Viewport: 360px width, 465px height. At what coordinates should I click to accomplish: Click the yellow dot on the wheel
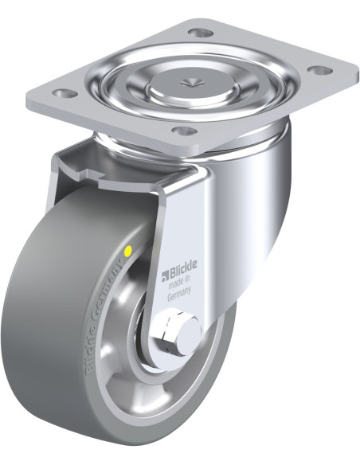pyautogui.click(x=128, y=252)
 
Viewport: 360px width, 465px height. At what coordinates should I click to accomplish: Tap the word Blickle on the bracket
pyautogui.click(x=182, y=269)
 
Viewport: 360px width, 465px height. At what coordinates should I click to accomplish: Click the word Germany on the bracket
pyautogui.click(x=179, y=294)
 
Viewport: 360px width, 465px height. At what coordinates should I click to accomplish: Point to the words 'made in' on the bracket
pyautogui.click(x=179, y=282)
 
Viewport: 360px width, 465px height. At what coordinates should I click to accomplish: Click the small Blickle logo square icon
pyautogui.click(x=165, y=276)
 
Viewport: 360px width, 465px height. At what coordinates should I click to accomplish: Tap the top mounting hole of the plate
pyautogui.click(x=200, y=33)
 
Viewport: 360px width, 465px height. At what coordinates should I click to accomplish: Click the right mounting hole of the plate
pyautogui.click(x=319, y=71)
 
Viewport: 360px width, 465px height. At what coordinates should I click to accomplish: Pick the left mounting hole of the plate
pyautogui.click(x=65, y=94)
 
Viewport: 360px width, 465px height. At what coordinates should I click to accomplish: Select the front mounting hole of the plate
pyautogui.click(x=185, y=131)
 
